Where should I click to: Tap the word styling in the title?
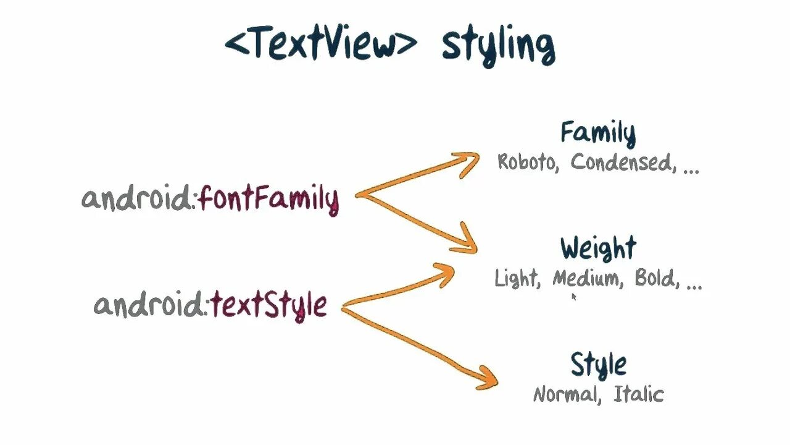[x=497, y=46]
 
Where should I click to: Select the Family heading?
[x=597, y=133]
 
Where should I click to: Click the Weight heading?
[x=597, y=248]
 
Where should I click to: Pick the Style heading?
[x=597, y=365]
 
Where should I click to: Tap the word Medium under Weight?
[x=586, y=279]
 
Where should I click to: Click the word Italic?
[x=638, y=394]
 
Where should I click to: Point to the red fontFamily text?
[x=269, y=200]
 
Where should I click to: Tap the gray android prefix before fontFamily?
[x=137, y=198]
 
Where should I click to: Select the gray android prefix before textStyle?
[x=149, y=305]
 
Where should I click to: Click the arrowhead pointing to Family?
[x=470, y=162]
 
